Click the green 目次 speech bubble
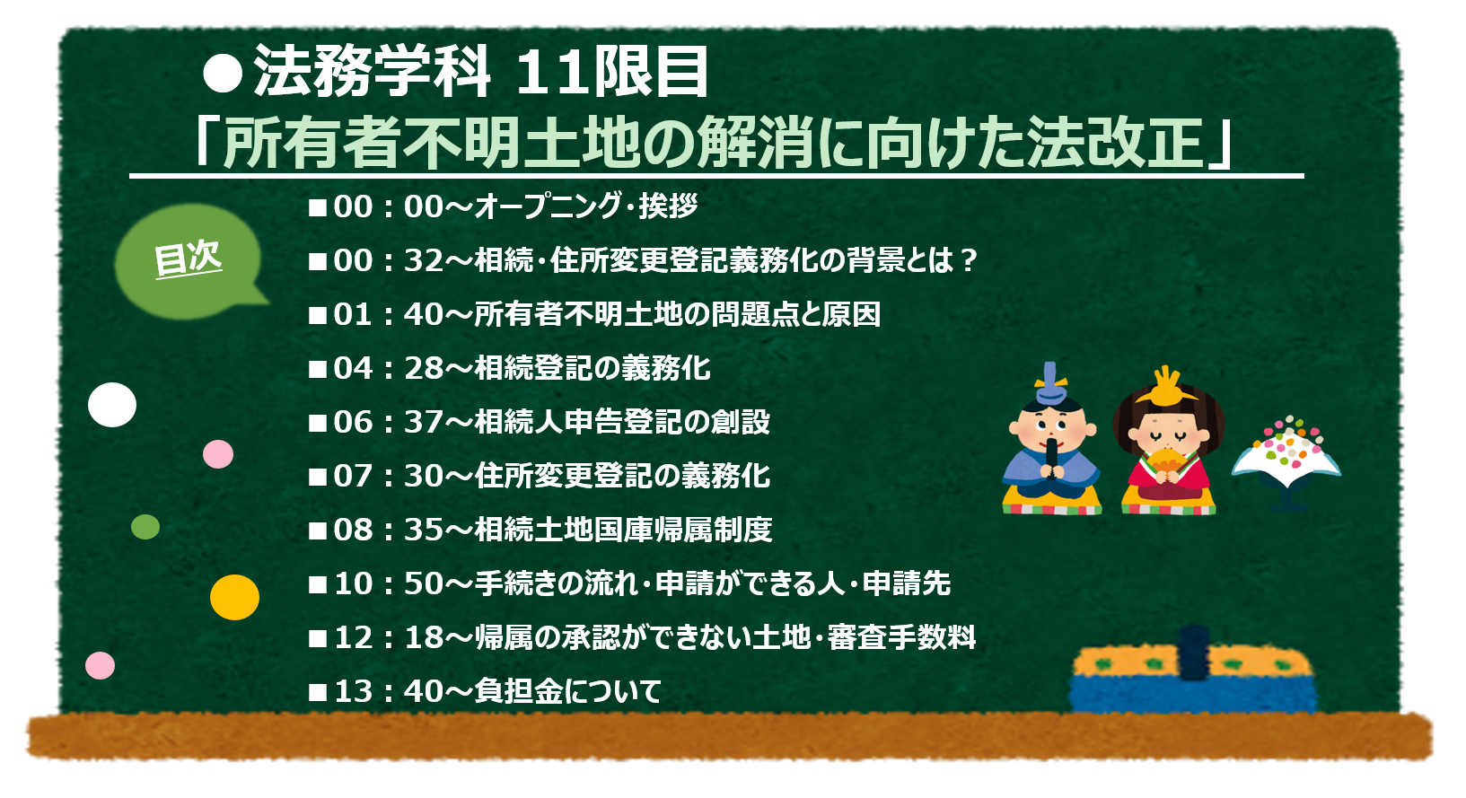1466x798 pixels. click(x=189, y=262)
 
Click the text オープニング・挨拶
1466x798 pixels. click(x=585, y=206)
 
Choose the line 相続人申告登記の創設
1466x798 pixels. click(x=622, y=422)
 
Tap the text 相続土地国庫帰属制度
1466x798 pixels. click(x=623, y=530)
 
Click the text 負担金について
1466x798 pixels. click(x=567, y=691)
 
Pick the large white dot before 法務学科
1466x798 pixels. click(x=224, y=73)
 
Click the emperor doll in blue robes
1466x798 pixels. click(x=1052, y=440)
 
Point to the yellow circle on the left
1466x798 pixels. click(x=234, y=597)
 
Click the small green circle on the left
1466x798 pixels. click(x=145, y=527)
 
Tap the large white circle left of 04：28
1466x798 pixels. click(x=112, y=405)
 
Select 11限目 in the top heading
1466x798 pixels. click(x=613, y=72)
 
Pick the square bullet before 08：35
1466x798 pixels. click(x=318, y=531)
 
